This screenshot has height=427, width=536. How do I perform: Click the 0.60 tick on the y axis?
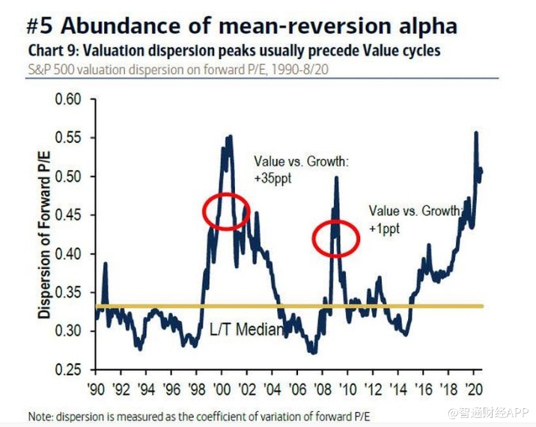[73, 100]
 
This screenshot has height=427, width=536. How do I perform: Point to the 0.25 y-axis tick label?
[73, 370]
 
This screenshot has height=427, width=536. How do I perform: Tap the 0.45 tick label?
[73, 216]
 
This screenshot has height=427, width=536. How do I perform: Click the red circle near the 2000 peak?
[225, 211]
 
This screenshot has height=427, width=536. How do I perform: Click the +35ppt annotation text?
[271, 177]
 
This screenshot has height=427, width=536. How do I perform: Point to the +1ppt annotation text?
[384, 228]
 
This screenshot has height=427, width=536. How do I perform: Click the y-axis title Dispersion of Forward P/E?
[46, 235]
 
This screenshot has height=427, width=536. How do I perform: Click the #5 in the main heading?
[39, 26]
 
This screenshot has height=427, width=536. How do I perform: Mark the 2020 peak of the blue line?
[476, 133]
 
